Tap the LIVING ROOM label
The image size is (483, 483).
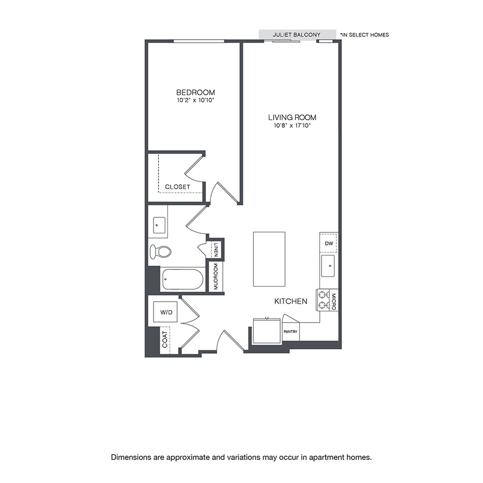(x=292, y=117)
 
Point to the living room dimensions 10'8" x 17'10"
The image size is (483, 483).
(x=292, y=126)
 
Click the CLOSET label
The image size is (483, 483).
(x=178, y=187)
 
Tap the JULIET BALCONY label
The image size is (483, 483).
(x=296, y=35)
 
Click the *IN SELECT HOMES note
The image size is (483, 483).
(x=364, y=35)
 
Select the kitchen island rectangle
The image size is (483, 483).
(x=269, y=260)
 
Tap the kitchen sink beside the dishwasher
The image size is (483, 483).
(x=328, y=265)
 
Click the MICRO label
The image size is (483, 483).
(x=333, y=300)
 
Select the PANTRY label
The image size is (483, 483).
(x=290, y=332)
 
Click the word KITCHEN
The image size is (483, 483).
(x=291, y=302)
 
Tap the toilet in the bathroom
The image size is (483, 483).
(x=160, y=251)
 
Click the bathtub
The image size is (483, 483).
(x=182, y=279)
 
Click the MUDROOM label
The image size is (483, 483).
(x=216, y=277)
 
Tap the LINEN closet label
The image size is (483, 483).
(x=216, y=249)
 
